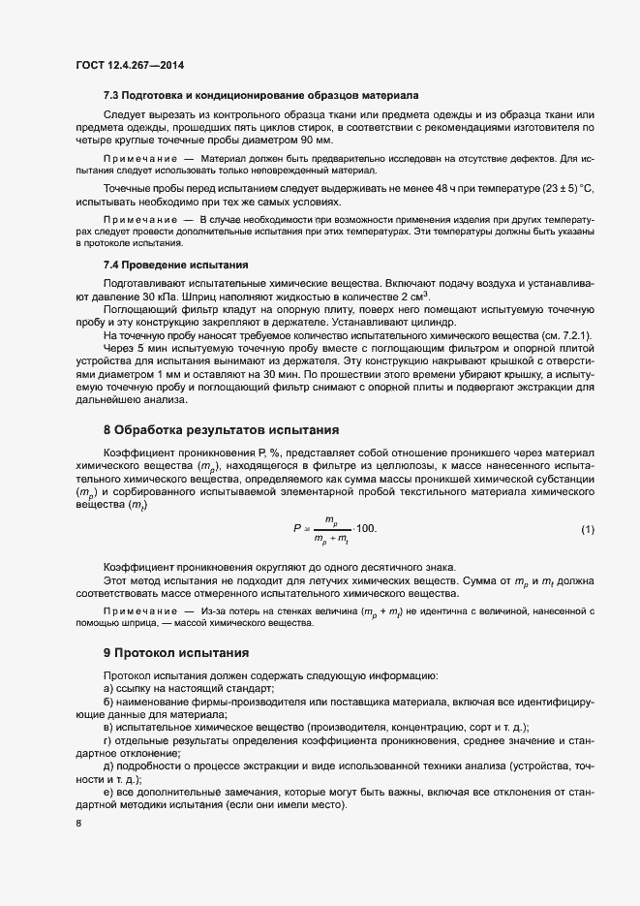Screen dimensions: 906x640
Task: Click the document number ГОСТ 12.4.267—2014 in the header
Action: click(129, 66)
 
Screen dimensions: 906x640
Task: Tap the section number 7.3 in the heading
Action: click(111, 96)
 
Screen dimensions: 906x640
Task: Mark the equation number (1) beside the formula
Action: click(587, 528)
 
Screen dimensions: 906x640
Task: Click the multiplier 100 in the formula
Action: click(365, 528)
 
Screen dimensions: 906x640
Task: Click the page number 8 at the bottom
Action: click(78, 824)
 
